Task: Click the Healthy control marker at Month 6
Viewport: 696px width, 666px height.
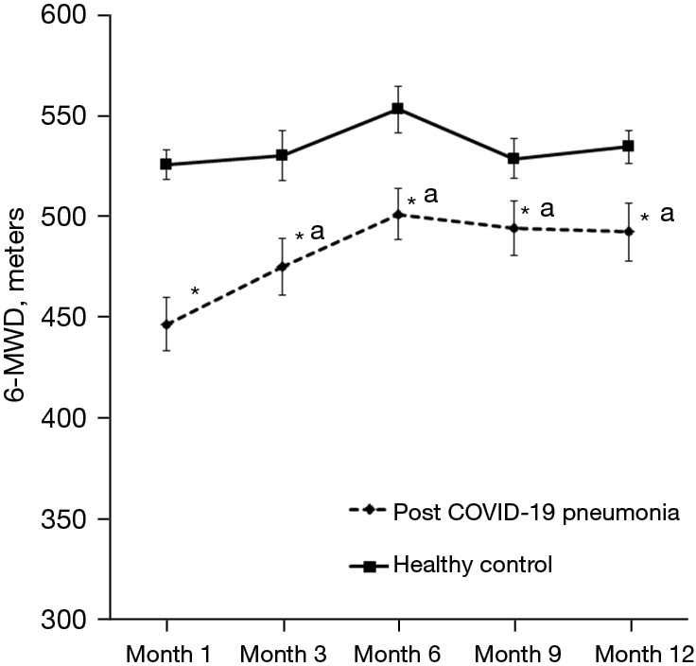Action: point(399,109)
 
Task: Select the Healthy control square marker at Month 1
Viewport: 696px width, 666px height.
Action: point(166,165)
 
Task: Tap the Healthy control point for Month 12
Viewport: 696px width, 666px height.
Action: point(628,147)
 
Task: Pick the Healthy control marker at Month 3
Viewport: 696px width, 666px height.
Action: point(283,155)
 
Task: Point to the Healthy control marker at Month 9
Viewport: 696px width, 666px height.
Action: point(513,159)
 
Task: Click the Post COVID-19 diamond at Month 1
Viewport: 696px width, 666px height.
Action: point(166,324)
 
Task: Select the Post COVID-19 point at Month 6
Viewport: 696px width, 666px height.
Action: point(399,215)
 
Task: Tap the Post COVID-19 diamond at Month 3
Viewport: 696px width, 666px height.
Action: point(283,267)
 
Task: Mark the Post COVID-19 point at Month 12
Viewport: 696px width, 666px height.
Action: point(628,232)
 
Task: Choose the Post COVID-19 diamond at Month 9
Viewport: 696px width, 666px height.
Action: point(513,228)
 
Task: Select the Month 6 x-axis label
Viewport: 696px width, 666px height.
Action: point(398,654)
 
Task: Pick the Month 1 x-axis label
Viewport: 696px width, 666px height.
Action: point(166,654)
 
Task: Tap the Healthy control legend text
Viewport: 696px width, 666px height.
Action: point(471,566)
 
